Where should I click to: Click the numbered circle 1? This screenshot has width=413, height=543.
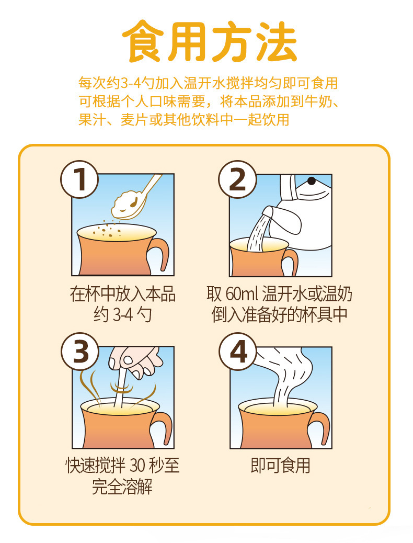point(79,179)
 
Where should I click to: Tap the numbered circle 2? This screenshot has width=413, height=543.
point(237,179)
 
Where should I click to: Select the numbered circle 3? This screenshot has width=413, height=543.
point(80,352)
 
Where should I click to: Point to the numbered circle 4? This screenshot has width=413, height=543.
point(238,352)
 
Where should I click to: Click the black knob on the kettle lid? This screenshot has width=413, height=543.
point(311,180)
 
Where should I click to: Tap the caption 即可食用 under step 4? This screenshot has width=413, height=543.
point(280,466)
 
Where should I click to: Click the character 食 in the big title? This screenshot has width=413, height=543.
point(144,41)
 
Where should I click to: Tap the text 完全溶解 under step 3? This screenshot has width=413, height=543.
point(122,487)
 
